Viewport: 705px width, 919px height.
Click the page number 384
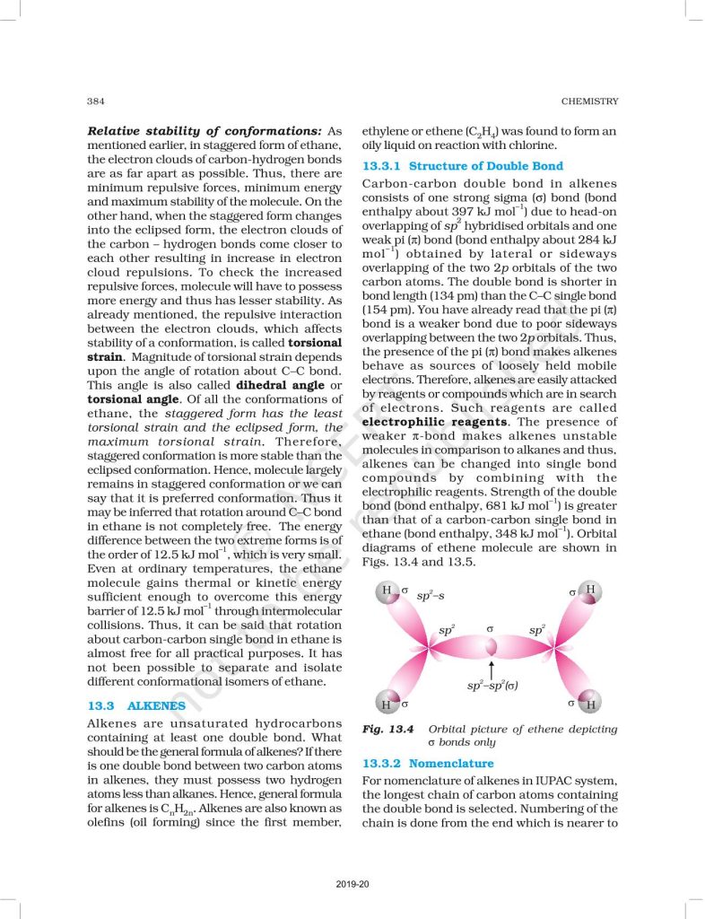point(96,101)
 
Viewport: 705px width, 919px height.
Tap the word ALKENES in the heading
point(157,705)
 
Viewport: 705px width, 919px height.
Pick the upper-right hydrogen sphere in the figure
point(590,591)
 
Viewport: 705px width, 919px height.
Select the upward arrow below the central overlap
point(492,670)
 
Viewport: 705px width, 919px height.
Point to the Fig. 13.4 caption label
point(387,729)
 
